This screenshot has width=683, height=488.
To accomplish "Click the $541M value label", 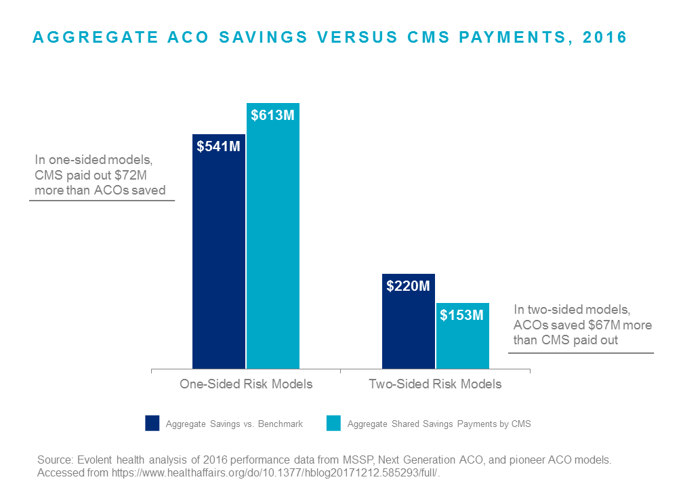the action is [218, 146].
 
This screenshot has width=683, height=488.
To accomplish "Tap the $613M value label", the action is [272, 115].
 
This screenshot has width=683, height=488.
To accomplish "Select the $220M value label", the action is [408, 286].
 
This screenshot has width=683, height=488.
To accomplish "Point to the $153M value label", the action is [461, 315].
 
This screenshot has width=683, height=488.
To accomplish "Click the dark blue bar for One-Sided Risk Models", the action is [219, 251].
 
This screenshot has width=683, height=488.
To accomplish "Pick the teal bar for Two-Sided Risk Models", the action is [463, 336].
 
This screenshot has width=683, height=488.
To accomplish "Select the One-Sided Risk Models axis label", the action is [246, 384].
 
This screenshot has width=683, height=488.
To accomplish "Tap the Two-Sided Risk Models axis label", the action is [435, 384].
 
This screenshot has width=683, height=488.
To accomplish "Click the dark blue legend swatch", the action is [152, 423].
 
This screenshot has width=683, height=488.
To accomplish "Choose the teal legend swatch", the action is [333, 423].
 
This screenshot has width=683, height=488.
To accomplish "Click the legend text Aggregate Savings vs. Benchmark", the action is [234, 424].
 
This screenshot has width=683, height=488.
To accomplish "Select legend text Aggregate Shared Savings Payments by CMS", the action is [439, 424].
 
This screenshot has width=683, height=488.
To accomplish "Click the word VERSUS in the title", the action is [357, 37].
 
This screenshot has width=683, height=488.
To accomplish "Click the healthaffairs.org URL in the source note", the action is [275, 473].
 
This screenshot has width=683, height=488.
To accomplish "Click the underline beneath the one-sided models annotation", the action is [102, 201].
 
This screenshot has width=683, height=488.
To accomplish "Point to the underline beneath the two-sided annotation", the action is [581, 352].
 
